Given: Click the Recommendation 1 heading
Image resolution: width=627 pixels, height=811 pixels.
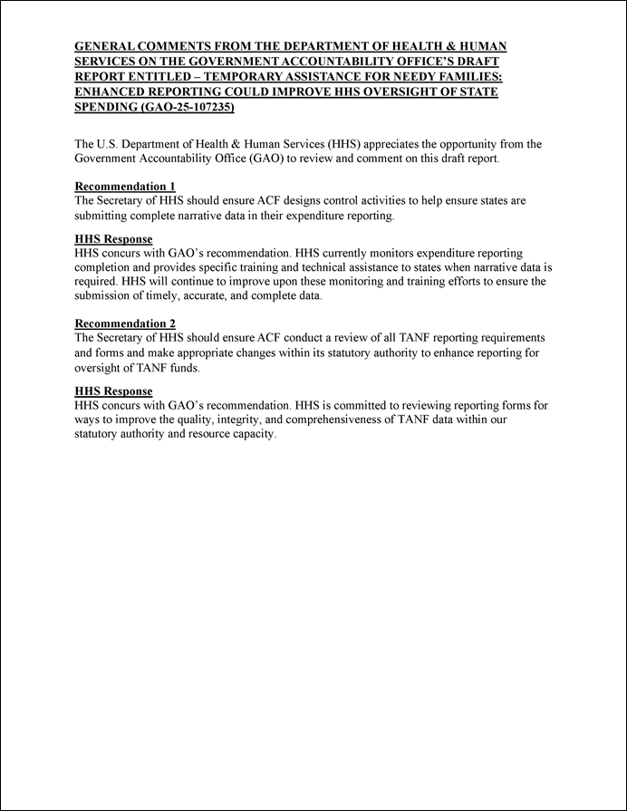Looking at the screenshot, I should point(124,187).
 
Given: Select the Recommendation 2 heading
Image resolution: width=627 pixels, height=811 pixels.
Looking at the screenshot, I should point(124,323).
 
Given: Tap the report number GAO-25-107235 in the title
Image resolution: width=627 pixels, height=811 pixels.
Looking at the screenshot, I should point(186,107).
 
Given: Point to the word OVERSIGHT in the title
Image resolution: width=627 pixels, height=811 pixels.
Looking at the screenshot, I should point(376,92).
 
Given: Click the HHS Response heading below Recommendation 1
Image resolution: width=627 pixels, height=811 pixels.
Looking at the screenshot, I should point(113,239).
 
